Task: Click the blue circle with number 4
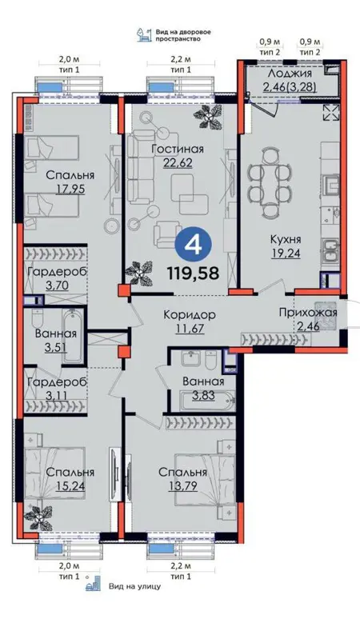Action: (194, 246)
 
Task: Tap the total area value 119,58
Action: (193, 273)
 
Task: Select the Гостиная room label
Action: (178, 150)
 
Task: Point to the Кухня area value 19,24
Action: (286, 253)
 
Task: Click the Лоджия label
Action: (290, 74)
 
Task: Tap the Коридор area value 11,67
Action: (190, 328)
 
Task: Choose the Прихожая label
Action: (308, 313)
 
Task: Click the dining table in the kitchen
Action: (270, 182)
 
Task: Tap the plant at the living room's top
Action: (207, 116)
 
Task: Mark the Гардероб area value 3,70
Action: (58, 285)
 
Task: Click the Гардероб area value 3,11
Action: (57, 395)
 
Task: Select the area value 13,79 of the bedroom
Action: (182, 485)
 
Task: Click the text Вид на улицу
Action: (134, 586)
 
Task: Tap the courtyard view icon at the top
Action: (143, 34)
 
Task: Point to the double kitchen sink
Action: (331, 251)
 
